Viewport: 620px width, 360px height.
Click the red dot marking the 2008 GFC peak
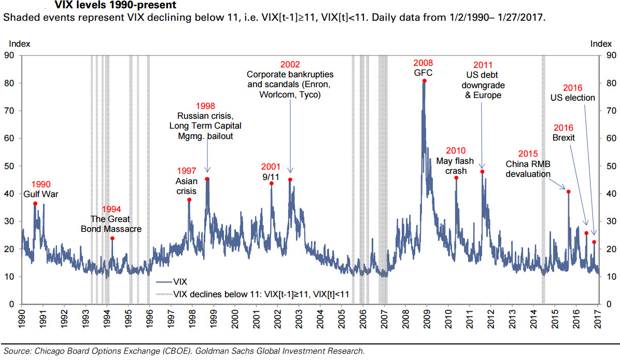(425, 81)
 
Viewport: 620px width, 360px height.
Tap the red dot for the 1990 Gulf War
(35, 203)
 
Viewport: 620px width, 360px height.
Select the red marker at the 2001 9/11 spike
(271, 183)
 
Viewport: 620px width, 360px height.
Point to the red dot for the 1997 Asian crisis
(189, 200)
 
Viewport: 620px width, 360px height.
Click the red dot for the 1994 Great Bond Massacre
(112, 238)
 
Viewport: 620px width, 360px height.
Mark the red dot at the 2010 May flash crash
(456, 178)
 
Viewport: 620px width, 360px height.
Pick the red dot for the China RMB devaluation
(568, 192)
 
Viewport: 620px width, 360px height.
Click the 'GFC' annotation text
(423, 73)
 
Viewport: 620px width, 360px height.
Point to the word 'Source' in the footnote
(16, 351)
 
